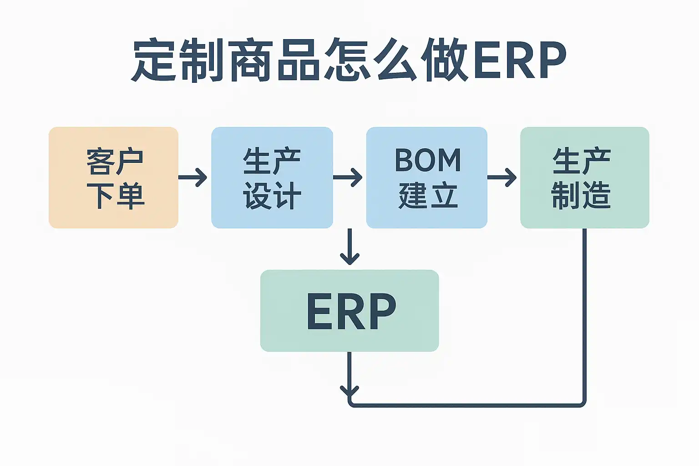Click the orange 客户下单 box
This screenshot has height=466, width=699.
click(x=113, y=177)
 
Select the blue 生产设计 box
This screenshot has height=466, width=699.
click(x=272, y=177)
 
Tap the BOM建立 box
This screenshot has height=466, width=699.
click(x=426, y=177)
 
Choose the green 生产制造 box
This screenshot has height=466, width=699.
click(x=584, y=177)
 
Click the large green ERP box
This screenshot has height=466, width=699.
click(x=349, y=310)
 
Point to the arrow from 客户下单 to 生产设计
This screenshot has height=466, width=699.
click(x=192, y=177)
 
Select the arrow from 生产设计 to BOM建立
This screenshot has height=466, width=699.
click(x=348, y=177)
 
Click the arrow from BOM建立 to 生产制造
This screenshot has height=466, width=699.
click(x=502, y=177)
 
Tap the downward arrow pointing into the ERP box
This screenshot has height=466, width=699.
click(x=349, y=247)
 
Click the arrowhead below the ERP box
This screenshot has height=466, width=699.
click(x=349, y=391)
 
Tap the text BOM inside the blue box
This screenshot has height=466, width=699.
click(x=428, y=160)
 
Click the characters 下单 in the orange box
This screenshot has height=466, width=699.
click(x=115, y=196)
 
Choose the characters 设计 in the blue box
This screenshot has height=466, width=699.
click(x=272, y=196)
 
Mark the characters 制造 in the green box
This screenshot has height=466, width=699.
click(x=581, y=196)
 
